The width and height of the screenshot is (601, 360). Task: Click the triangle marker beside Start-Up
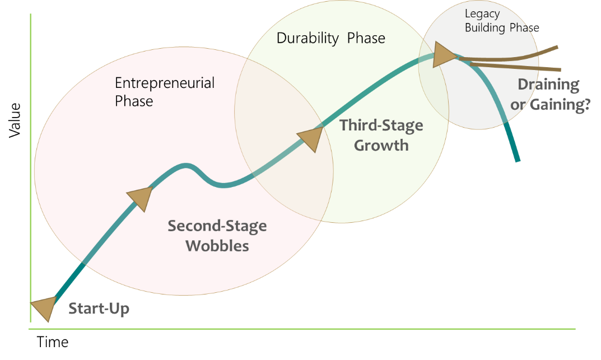[x=44, y=307]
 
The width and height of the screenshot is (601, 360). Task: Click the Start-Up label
[x=99, y=308]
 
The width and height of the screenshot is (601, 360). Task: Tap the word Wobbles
[x=217, y=246]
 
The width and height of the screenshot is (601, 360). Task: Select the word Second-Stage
[x=217, y=226]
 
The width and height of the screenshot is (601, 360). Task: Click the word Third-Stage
[x=381, y=125]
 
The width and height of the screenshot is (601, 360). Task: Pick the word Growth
[x=381, y=145]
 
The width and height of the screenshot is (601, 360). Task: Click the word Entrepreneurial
[x=165, y=83]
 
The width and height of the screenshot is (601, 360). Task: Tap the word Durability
[x=308, y=38]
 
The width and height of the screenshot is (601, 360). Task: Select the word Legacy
[x=482, y=14]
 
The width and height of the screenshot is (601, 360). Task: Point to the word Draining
[x=548, y=85]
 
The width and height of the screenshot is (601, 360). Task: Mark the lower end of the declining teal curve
[x=518, y=160]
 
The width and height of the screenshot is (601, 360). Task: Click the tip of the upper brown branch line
[x=557, y=48]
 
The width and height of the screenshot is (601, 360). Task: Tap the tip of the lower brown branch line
[x=559, y=69]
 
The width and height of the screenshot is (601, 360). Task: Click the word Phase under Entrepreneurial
[x=134, y=101]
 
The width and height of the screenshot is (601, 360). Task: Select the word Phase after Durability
[x=366, y=38]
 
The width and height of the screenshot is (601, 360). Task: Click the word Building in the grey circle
[x=485, y=28]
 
